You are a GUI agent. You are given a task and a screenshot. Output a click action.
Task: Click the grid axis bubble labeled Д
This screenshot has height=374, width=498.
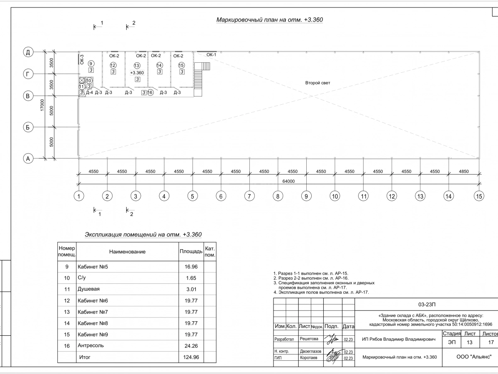[x=28, y=52]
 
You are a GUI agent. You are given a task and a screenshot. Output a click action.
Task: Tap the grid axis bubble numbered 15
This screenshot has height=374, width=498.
[x=479, y=196]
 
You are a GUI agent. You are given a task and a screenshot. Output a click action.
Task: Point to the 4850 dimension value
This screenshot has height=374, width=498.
[x=464, y=171]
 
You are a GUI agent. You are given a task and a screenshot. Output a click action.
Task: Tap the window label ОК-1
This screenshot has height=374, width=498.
[x=211, y=55]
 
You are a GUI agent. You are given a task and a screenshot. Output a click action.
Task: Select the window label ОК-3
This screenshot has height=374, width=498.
[x=82, y=59]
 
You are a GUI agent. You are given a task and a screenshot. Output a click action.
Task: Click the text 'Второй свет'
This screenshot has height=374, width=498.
[x=318, y=83]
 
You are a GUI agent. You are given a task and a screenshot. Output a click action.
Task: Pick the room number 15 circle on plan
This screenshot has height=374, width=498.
[x=181, y=65]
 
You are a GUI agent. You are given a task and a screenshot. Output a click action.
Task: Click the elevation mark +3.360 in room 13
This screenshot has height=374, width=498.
[x=137, y=73]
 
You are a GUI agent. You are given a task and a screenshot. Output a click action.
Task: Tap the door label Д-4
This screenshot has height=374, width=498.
[x=89, y=93]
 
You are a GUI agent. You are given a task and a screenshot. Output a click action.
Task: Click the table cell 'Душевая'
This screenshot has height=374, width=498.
[x=89, y=289]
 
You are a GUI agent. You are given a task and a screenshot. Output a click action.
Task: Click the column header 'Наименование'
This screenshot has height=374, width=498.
[x=127, y=252]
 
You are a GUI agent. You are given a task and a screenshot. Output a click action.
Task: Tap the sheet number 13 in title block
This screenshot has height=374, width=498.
[x=469, y=342]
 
